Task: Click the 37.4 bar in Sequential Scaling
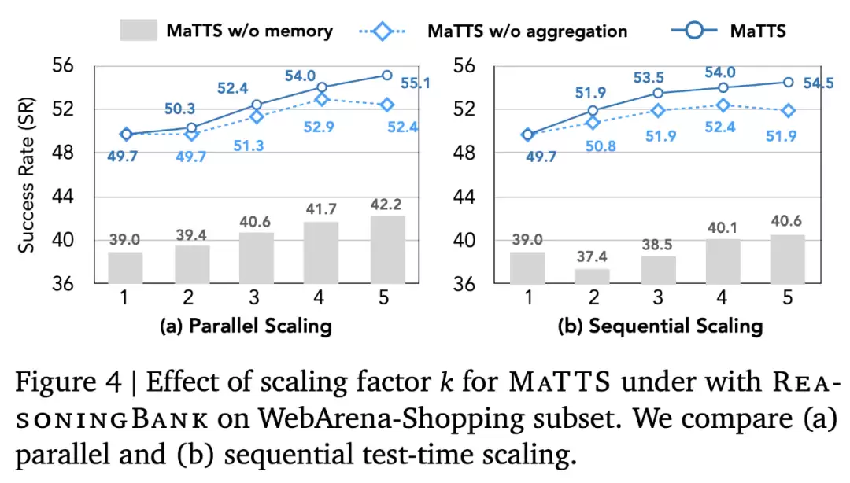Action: coord(593,275)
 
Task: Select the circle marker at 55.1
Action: coord(387,76)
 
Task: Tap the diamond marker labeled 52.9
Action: coord(321,99)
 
